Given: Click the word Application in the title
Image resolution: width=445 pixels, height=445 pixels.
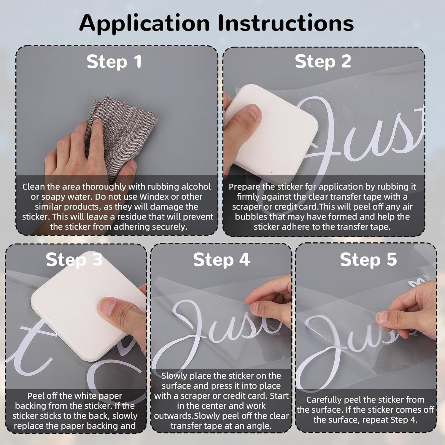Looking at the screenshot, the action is (x=144, y=23).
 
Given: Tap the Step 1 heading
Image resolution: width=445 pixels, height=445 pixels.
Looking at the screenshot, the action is (x=114, y=62).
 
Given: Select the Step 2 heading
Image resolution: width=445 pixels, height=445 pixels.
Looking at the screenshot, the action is (x=323, y=62).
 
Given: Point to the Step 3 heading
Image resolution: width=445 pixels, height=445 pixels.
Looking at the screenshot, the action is (x=74, y=260).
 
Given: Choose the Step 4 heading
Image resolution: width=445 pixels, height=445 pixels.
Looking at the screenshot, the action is (x=222, y=260).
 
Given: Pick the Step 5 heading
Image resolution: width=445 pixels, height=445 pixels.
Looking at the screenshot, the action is (x=368, y=260).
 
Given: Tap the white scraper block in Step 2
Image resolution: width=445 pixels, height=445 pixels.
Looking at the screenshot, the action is (x=271, y=131).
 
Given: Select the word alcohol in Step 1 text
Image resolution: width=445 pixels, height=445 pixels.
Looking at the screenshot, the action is (x=196, y=187).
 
